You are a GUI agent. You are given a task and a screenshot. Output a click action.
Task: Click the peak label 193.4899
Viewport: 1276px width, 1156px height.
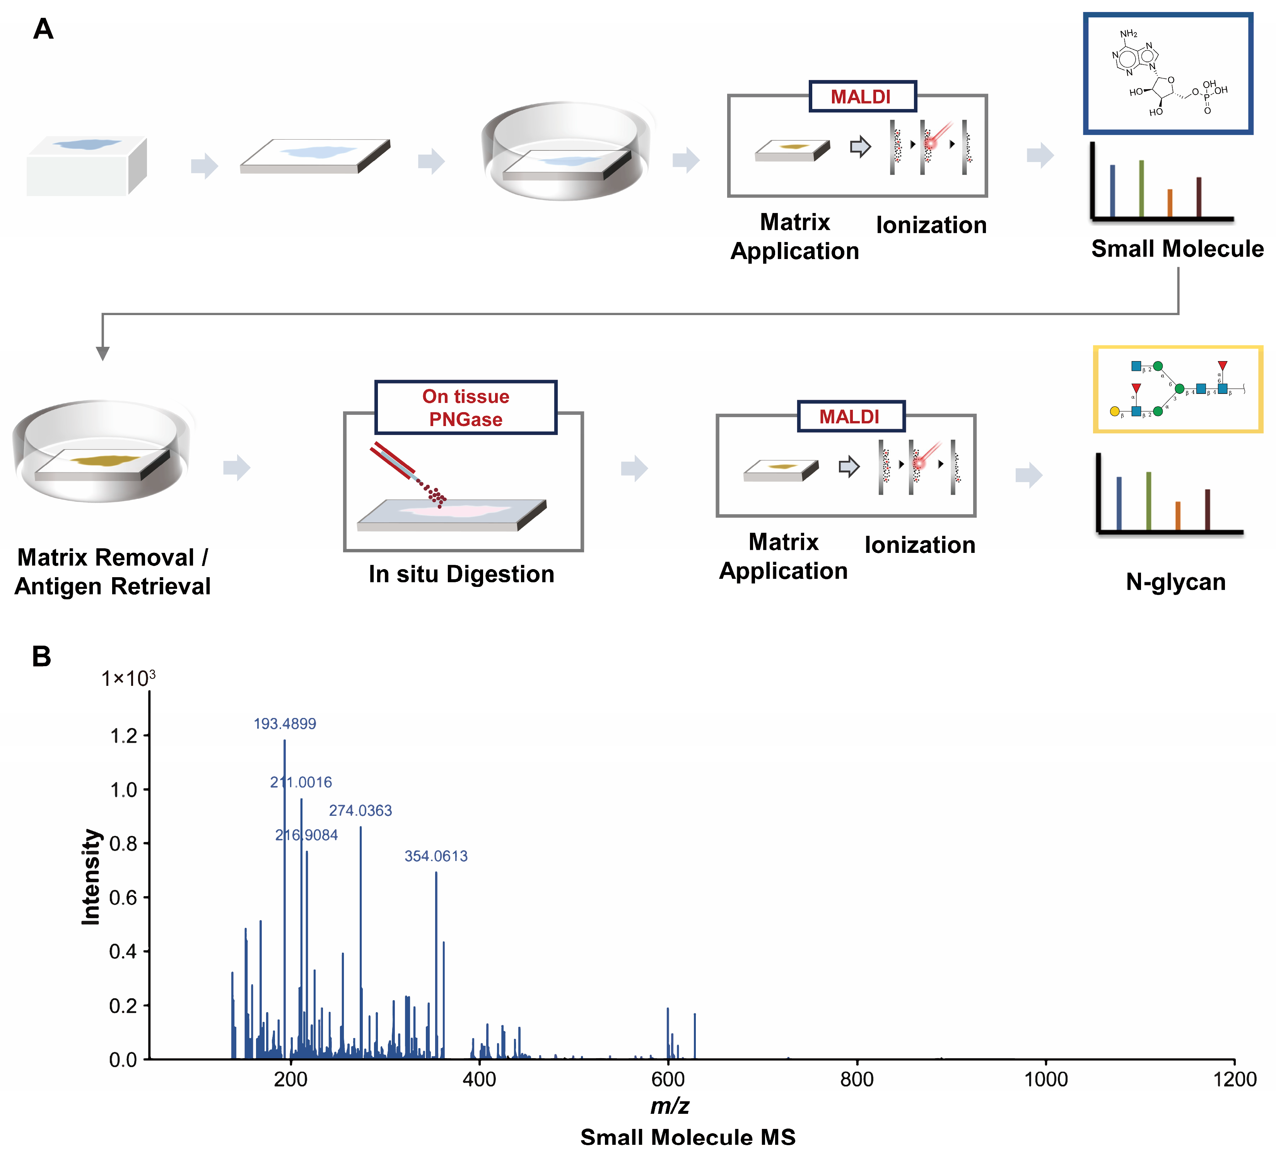285,724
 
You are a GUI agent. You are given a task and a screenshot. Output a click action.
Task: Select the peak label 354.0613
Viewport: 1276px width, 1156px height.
436,856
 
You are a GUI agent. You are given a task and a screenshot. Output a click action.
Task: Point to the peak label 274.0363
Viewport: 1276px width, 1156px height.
360,810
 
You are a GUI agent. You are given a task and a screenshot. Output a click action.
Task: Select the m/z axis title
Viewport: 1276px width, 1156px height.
670,1105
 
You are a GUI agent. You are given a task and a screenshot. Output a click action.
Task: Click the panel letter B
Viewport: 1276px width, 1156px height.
42,657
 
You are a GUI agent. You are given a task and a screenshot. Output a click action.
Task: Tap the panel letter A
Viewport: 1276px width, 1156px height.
43,29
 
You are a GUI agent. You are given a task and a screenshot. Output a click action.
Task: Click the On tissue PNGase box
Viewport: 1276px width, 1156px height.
466,407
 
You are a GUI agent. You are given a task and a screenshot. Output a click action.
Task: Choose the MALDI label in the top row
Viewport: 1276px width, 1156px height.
861,97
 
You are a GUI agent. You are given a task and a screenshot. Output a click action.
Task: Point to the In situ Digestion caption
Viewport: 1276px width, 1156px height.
461,574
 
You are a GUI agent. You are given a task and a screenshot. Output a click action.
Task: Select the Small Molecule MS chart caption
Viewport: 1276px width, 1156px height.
688,1137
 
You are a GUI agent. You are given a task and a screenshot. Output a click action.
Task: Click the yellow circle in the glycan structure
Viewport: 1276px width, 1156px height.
1115,411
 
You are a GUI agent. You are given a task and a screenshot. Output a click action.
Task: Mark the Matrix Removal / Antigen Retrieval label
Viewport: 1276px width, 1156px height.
112,571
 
